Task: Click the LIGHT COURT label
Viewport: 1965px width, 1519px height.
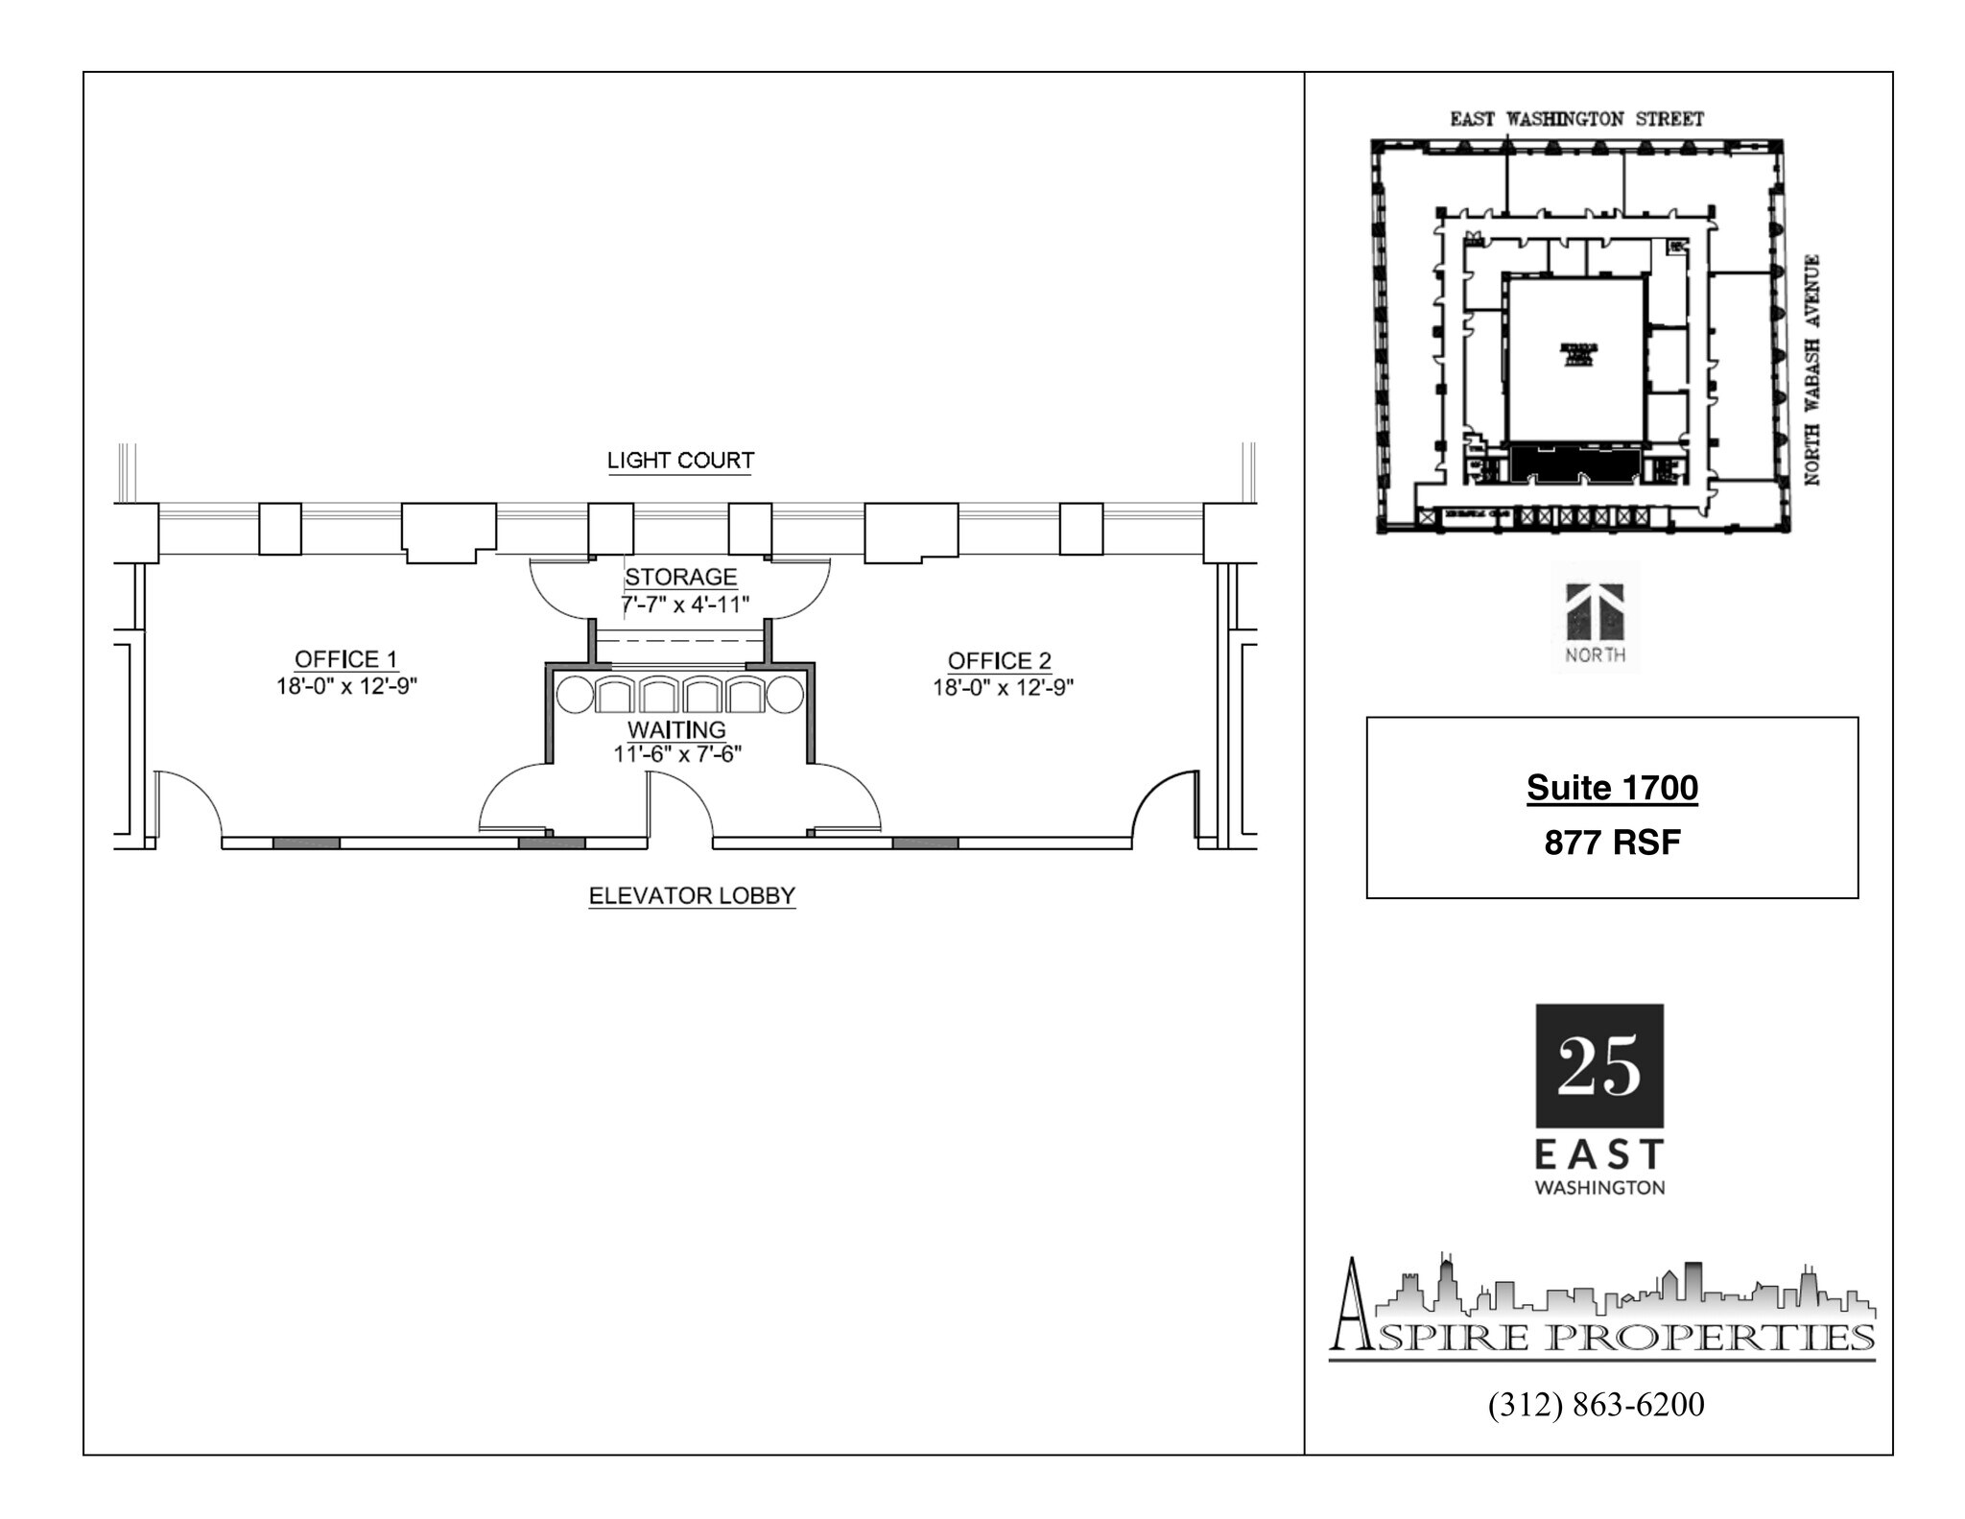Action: click(x=680, y=461)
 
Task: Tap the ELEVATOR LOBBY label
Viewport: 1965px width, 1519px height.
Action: click(x=692, y=896)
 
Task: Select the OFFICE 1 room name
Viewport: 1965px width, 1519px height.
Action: click(x=345, y=659)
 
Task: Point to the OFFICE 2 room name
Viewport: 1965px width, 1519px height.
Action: click(x=999, y=661)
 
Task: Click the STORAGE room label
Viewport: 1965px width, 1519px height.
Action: click(x=681, y=578)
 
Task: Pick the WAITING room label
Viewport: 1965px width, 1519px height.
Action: click(x=676, y=730)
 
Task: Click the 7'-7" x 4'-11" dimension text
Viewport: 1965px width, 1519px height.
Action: click(x=684, y=605)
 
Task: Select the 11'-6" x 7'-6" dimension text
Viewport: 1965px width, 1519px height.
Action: click(x=677, y=754)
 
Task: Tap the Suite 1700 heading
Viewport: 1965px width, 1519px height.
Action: click(x=1612, y=788)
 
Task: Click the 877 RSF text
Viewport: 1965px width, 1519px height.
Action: click(x=1612, y=843)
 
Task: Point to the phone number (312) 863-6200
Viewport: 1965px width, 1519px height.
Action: click(x=1597, y=1405)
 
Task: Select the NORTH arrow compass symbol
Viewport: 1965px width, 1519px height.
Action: click(x=1595, y=614)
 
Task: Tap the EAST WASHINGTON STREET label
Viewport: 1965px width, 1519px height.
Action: click(x=1576, y=119)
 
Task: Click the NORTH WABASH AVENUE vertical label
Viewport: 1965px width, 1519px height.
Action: click(x=1811, y=369)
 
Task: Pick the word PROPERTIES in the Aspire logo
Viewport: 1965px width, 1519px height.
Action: click(x=1712, y=1337)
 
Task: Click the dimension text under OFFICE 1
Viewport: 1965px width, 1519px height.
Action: click(x=346, y=687)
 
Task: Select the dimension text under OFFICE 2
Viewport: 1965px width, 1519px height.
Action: click(x=1003, y=688)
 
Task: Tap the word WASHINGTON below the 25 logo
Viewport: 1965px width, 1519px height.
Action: click(x=1599, y=1188)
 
